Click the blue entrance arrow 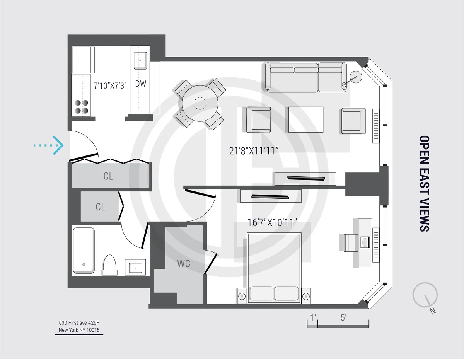[49, 145]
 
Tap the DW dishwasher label [140, 84]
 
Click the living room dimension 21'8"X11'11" [254, 151]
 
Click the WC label [183, 264]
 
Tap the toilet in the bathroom [109, 264]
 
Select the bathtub [84, 250]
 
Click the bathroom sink [135, 267]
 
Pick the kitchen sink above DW [140, 61]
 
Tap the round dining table [200, 104]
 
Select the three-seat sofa [305, 78]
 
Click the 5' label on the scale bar [343, 318]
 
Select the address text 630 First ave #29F [79, 322]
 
